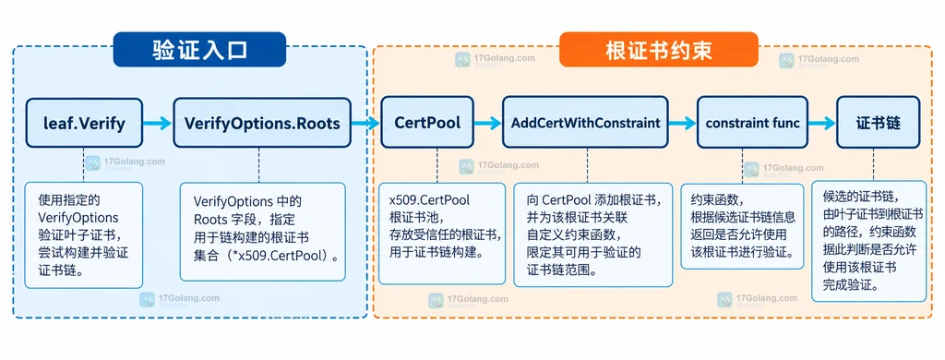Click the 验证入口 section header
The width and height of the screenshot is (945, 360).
[199, 50]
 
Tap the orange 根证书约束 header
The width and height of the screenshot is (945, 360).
[659, 50]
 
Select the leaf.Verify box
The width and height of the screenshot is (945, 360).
[84, 123]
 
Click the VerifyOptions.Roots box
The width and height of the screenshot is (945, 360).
[262, 123]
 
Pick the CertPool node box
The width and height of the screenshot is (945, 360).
[427, 123]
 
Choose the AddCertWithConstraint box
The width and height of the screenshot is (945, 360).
[586, 123]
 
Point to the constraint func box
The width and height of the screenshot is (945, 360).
[752, 123]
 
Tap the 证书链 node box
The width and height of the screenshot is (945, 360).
[878, 123]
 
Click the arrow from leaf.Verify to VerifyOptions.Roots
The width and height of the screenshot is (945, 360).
[158, 124]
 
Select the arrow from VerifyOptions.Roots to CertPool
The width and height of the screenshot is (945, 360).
[365, 124]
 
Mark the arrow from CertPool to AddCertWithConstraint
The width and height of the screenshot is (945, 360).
[487, 124]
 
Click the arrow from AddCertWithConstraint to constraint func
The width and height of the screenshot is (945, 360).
[682, 124]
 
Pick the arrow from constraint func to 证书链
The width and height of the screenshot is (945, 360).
[822, 124]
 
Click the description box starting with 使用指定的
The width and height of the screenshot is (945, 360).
[84, 235]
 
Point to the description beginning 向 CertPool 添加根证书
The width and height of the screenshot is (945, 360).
[593, 235]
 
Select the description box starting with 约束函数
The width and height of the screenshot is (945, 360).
[742, 226]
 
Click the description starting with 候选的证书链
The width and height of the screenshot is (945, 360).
[868, 241]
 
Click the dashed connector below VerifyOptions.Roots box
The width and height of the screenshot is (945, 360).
[259, 165]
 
